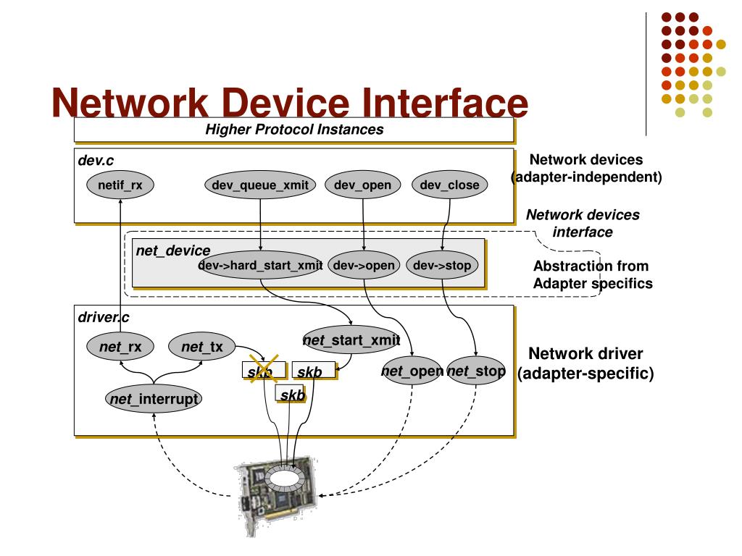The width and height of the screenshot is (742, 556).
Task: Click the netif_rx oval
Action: point(120,185)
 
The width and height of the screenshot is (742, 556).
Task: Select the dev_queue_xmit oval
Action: point(260,185)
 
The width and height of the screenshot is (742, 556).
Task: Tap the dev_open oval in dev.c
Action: point(363,185)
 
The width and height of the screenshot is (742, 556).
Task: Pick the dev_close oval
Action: point(449,185)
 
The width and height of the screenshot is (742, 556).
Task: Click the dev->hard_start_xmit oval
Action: point(261,265)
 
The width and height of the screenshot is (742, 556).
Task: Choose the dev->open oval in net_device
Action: point(364,265)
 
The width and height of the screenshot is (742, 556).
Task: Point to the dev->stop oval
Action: point(442,265)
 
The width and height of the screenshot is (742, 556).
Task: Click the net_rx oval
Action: point(120,347)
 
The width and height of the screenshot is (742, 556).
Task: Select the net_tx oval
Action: point(202,347)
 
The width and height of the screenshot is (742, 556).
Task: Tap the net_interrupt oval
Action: point(154,399)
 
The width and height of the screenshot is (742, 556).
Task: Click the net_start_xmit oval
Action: point(351,340)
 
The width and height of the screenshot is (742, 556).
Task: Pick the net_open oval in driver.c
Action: point(412,371)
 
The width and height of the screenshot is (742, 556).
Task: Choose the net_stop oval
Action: point(476,371)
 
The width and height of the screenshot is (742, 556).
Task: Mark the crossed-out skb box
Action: point(264,370)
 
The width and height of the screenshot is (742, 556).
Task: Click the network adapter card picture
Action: point(276,493)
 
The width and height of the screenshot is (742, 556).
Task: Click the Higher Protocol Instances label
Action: point(294,129)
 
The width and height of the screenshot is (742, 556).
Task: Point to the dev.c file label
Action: point(96,160)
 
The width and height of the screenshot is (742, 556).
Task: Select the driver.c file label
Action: point(103,317)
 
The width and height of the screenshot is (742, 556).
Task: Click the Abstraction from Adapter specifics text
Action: point(593,274)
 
